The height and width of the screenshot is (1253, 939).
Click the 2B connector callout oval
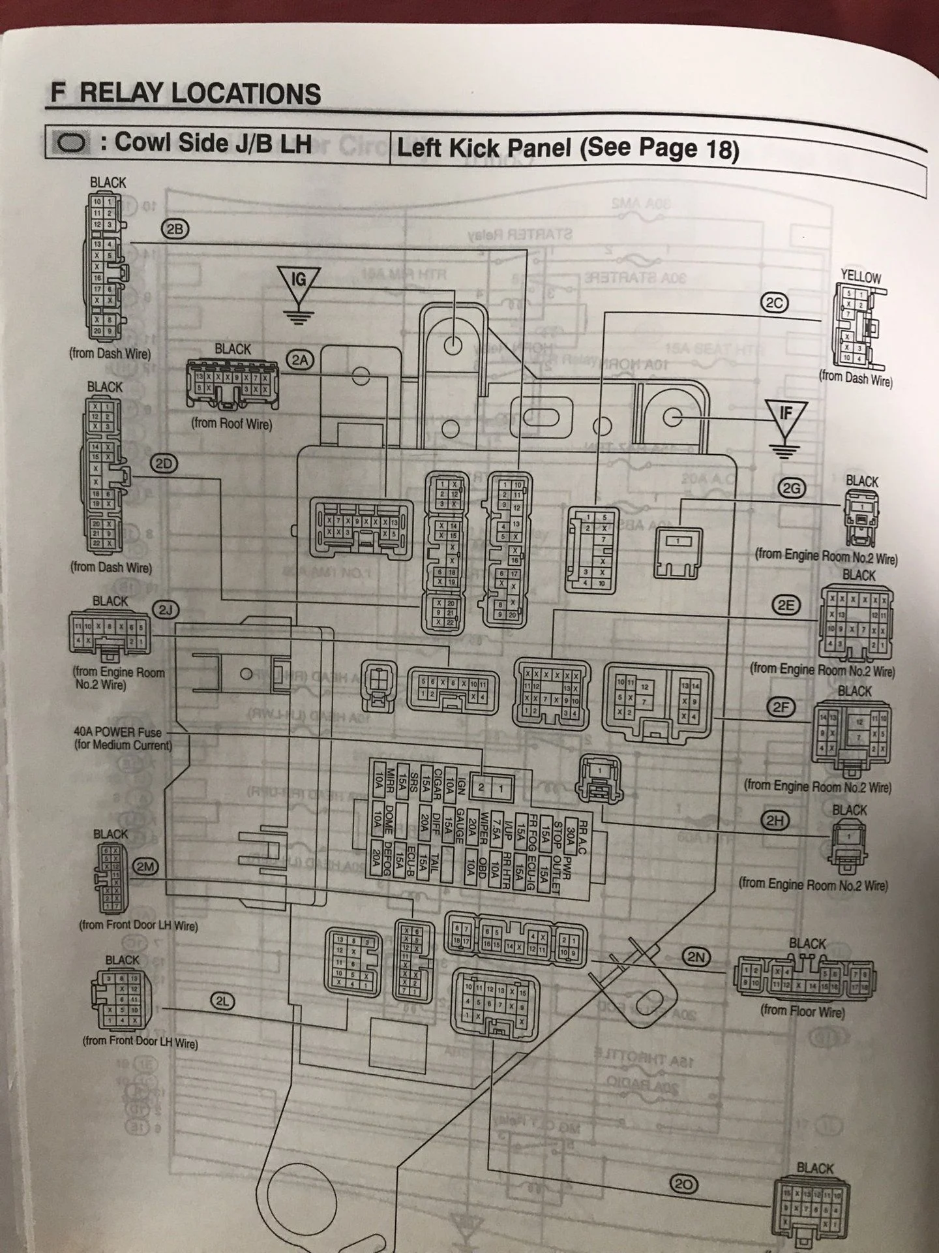[175, 228]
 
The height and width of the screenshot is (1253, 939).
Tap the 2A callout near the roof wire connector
[301, 360]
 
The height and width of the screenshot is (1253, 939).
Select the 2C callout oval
[775, 303]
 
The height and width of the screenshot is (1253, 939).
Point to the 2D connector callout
[164, 463]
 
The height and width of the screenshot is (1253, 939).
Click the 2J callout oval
[166, 610]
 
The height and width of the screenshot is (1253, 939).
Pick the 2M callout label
[145, 867]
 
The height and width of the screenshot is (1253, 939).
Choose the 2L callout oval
[222, 1000]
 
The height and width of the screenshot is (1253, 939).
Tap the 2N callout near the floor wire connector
[696, 957]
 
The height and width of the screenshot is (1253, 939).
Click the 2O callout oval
[683, 1184]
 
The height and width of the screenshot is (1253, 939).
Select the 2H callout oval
[774, 821]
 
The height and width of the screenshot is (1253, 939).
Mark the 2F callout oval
[781, 707]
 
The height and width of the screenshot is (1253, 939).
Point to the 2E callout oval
[786, 605]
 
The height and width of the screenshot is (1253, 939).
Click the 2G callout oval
[792, 488]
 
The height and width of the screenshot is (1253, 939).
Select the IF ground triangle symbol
[786, 416]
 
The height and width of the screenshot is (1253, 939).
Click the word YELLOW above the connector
[861, 276]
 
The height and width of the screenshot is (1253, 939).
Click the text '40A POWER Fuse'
[117, 732]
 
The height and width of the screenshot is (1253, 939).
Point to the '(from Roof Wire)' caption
[231, 424]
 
